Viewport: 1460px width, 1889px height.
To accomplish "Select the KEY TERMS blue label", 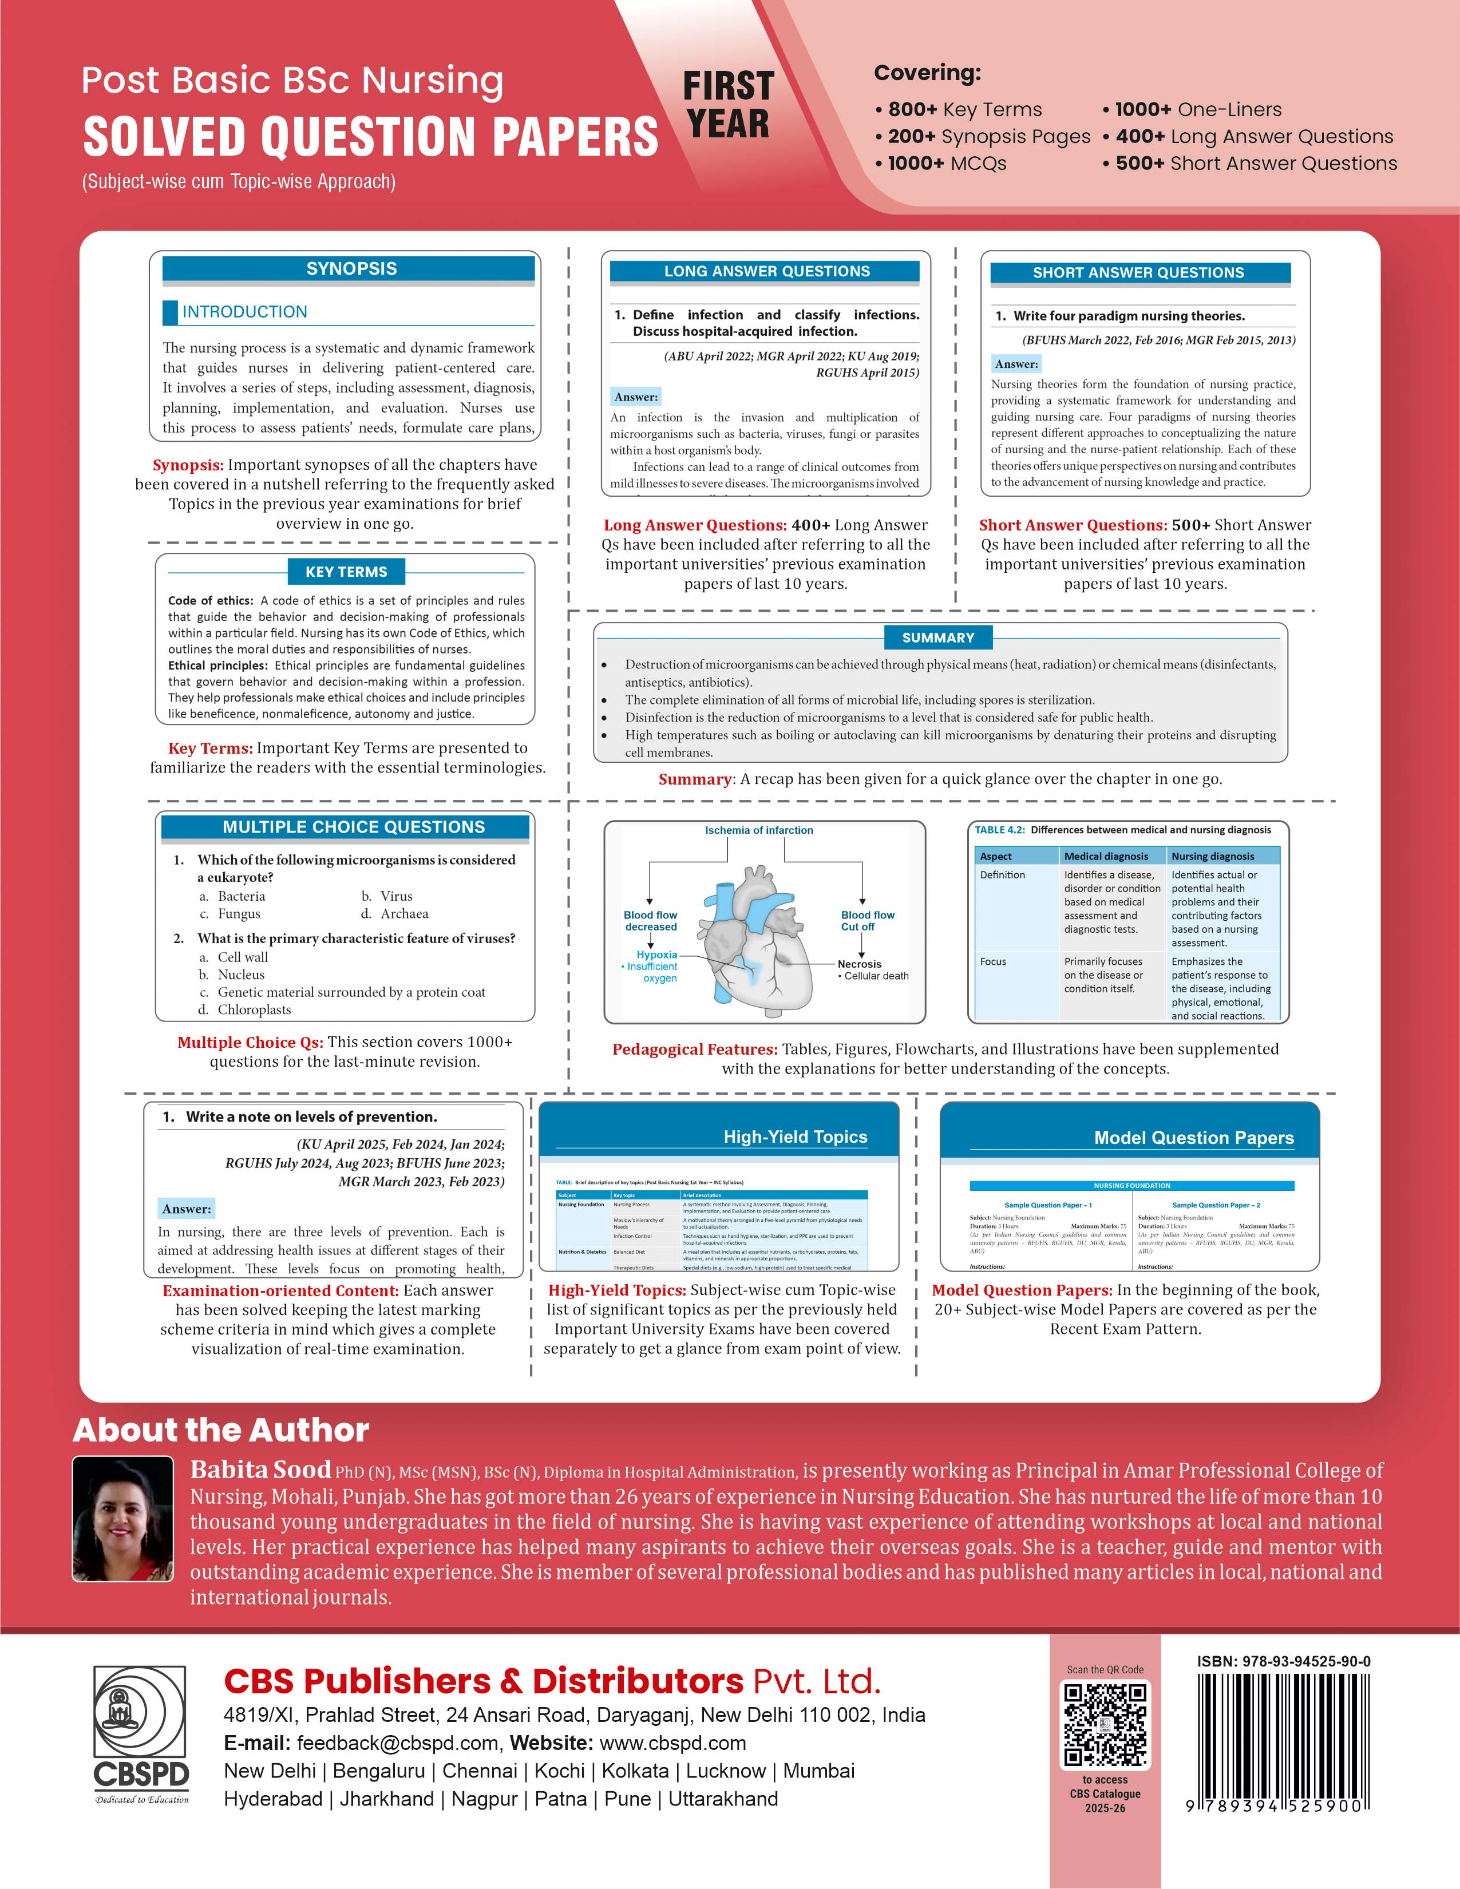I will click(x=346, y=572).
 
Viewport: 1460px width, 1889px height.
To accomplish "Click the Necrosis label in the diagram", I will click(x=859, y=964).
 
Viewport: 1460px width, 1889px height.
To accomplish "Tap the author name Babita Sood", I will click(x=260, y=1470).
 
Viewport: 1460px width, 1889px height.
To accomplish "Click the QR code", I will click(x=1105, y=1725).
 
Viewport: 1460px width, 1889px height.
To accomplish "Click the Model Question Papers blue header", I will click(x=1194, y=1138).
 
